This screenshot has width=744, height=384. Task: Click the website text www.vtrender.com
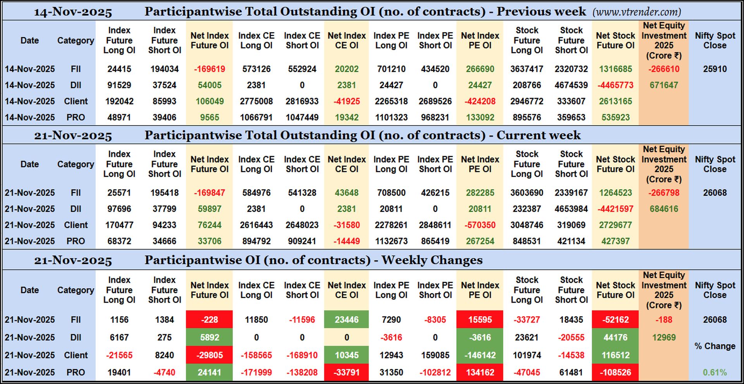[637, 12]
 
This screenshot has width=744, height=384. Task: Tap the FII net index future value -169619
[209, 69]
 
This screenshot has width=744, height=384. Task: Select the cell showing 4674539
[571, 85]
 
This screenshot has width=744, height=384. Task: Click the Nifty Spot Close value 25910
[715, 69]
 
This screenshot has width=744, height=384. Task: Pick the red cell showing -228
[209, 320]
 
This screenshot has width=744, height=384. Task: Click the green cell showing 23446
[346, 320]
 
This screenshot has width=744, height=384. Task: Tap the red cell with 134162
[480, 372]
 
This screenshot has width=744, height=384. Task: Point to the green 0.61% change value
[715, 372]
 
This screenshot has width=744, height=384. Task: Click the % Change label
[715, 346]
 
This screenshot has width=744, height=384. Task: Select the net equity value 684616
[664, 209]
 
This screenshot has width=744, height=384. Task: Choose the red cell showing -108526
[615, 372]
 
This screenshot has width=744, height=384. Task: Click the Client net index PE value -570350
[480, 225]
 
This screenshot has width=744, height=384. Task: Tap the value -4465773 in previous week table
[615, 85]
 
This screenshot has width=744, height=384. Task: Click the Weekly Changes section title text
[313, 260]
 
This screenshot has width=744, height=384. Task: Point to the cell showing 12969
[664, 338]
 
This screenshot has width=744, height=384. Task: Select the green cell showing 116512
[615, 355]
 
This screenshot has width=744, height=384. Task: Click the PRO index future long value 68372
[119, 241]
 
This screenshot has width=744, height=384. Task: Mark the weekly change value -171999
[256, 372]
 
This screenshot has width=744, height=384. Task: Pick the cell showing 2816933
[302, 102]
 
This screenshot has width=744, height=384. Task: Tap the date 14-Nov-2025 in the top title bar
[73, 12]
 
